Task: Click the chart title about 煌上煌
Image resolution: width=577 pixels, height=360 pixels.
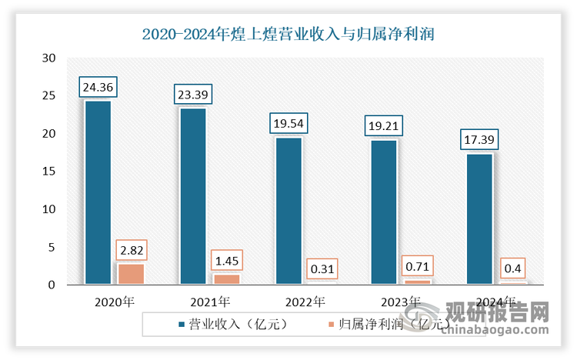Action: pyautogui.click(x=288, y=34)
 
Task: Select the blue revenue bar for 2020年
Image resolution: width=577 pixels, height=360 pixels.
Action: pyautogui.click(x=98, y=192)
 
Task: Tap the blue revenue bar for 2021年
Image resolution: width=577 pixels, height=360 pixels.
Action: pyautogui.click(x=193, y=196)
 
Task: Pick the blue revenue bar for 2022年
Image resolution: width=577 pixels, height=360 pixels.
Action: pyautogui.click(x=288, y=211)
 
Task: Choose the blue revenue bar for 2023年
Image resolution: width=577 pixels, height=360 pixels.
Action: pyautogui.click(x=384, y=212)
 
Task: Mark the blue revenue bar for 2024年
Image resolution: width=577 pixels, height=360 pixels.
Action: pyautogui.click(x=479, y=219)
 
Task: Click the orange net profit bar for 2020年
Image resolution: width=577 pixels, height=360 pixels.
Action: pyautogui.click(x=130, y=275)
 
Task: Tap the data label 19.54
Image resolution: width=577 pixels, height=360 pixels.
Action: pyautogui.click(x=288, y=124)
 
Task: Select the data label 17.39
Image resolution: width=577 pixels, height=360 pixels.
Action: pyautogui.click(x=479, y=140)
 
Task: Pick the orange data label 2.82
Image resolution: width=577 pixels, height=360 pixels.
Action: pyautogui.click(x=130, y=251)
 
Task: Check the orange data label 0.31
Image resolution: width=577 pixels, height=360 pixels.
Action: pyautogui.click(x=321, y=270)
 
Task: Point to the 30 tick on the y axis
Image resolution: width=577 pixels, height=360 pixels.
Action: pyautogui.click(x=49, y=58)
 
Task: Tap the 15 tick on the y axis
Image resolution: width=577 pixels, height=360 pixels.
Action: pyautogui.click(x=49, y=172)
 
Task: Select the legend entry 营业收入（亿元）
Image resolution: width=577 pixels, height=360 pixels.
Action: pyautogui.click(x=227, y=324)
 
